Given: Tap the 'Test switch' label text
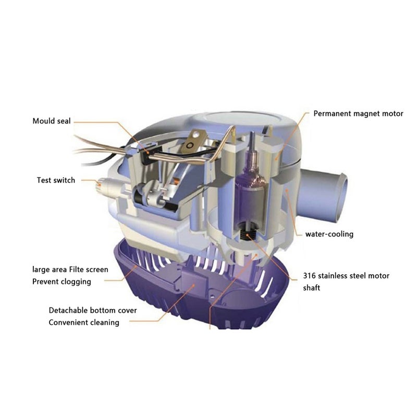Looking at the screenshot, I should (x=56, y=180).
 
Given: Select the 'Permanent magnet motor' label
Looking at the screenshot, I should (x=358, y=114).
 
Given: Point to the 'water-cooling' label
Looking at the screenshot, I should (x=329, y=234).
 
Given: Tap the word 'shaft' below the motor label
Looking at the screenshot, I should (x=313, y=288).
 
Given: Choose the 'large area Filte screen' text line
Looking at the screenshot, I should (x=70, y=270).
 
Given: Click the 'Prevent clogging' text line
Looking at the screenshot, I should (x=61, y=282).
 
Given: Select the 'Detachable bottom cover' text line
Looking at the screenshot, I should (x=93, y=310).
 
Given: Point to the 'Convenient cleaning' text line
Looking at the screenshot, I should (x=84, y=322).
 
